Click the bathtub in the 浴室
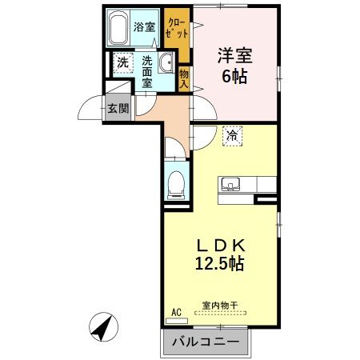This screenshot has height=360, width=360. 118,29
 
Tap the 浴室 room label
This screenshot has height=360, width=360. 144,26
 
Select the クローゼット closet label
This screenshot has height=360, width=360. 176,28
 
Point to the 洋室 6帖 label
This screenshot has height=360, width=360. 234,65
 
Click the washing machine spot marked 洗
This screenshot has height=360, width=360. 123,63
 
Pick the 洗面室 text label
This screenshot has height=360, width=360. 147,72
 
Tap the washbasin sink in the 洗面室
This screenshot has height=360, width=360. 166,62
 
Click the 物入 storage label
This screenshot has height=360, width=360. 184,78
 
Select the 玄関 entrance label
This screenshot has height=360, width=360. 118,108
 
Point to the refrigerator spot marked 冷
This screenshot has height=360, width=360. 232,136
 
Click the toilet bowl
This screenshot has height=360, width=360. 176,184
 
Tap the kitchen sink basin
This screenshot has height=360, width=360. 230,184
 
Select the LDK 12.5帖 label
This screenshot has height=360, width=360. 220,254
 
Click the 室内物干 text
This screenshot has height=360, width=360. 220,306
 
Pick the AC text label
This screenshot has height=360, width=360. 176,312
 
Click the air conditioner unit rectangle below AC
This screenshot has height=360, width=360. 177,321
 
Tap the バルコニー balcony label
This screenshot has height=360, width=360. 206,342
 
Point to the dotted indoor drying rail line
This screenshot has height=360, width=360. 220,313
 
